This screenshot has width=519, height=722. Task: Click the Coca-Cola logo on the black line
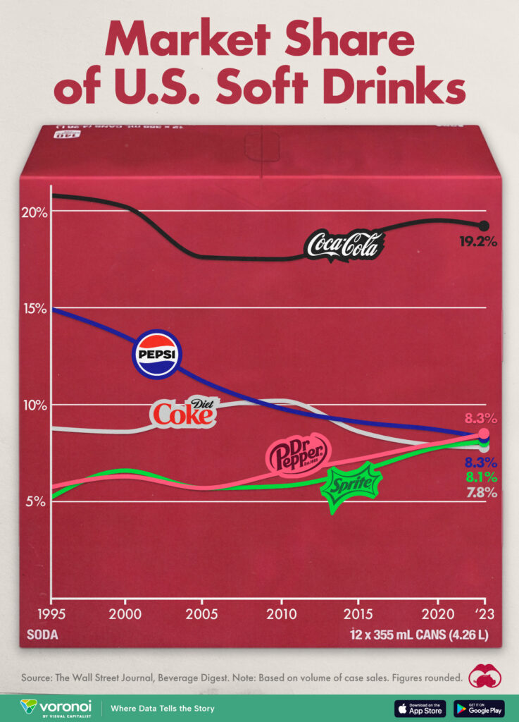[344, 245]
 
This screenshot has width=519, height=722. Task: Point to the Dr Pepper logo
[297, 453]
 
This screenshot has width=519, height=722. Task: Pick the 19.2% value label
[478, 241]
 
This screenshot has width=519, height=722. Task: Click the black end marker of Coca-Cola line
[484, 226]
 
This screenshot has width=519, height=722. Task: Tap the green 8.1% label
[482, 477]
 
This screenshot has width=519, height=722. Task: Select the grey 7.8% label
[482, 493]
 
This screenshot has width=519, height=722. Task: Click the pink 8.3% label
[482, 418]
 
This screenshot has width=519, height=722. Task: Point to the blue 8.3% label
[482, 463]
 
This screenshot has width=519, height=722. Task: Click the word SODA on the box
[42, 634]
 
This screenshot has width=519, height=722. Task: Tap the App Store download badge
[420, 708]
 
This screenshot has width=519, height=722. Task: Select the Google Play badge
[479, 708]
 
